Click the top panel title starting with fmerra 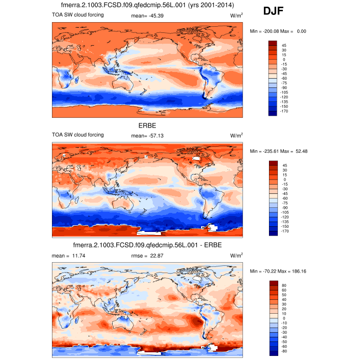point(148,5)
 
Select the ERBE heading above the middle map point(147,125)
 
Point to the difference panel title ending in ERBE point(147,245)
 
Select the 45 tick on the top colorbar point(284,46)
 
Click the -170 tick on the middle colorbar point(285,231)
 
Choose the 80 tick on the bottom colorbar point(284,283)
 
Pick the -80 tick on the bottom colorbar point(285,351)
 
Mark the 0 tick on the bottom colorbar point(283,317)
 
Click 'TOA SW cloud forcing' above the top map point(78,15)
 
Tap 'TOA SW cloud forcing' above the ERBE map point(78,135)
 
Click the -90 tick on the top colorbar point(285,88)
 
